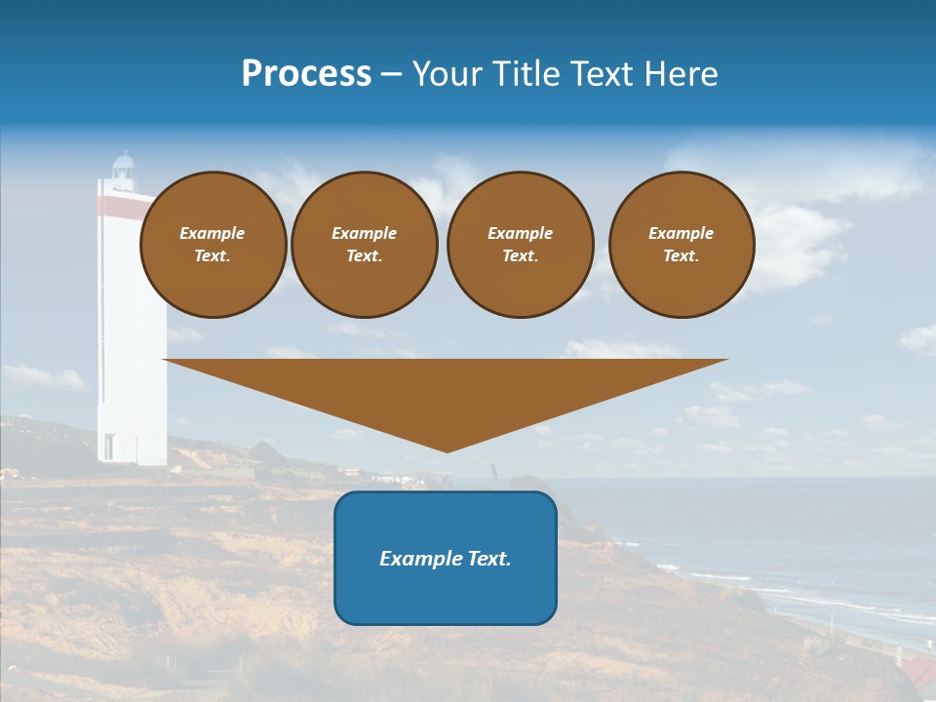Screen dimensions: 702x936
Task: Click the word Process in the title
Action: pos(306,74)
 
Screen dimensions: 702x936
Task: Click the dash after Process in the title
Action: pos(392,76)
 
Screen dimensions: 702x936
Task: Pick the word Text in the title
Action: pos(599,74)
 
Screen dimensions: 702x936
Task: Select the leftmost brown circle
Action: pos(214,245)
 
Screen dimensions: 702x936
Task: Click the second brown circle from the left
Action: pos(365,245)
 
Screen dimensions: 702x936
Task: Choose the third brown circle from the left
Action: pos(521,245)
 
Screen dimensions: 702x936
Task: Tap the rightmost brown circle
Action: pos(682,245)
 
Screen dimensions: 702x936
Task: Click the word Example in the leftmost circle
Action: pos(213,233)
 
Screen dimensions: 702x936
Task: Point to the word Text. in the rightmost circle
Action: pos(682,256)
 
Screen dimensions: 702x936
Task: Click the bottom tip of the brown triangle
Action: pos(447,449)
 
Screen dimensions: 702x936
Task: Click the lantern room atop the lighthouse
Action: pos(123,168)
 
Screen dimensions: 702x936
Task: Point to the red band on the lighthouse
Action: pos(117,205)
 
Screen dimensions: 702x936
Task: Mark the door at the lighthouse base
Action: pos(108,447)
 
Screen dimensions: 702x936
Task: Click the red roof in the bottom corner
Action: pos(917,671)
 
